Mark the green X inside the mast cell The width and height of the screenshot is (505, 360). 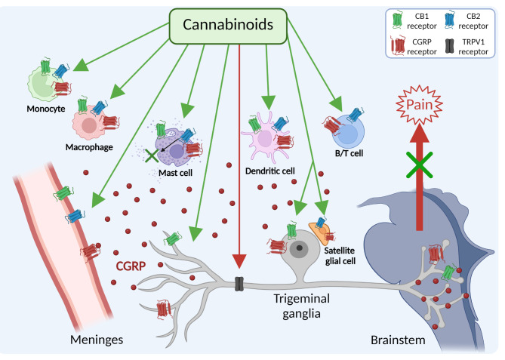tap(154, 155)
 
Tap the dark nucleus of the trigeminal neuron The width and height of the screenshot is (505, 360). tap(300, 247)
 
